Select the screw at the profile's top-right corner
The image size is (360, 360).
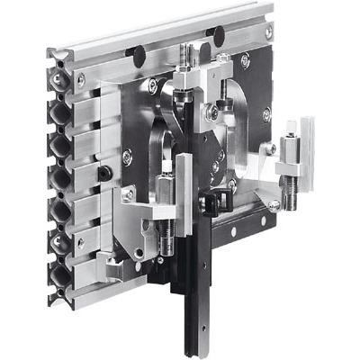tap(269, 31)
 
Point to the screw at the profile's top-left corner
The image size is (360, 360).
tap(83, 79)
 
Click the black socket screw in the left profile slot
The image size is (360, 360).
tap(105, 172)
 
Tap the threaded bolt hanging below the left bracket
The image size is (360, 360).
tap(167, 237)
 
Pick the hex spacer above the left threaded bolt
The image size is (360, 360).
tap(166, 191)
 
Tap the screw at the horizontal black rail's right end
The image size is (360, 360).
tap(272, 206)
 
